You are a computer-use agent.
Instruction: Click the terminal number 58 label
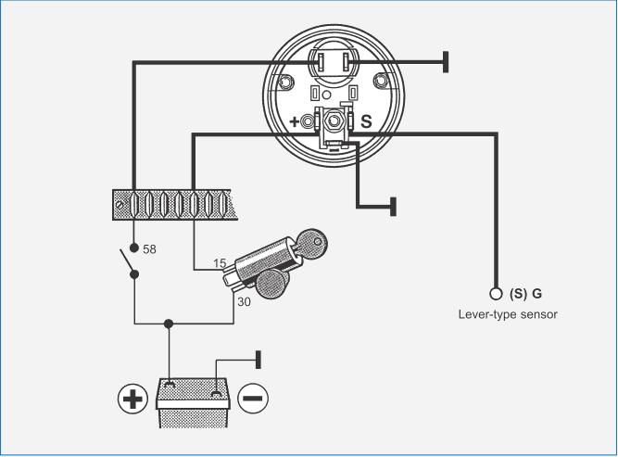(x=149, y=249)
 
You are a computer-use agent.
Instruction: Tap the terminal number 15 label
(x=220, y=264)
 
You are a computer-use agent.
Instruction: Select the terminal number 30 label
(x=244, y=301)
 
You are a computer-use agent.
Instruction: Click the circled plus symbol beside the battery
(x=133, y=399)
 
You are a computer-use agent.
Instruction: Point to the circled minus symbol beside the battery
(x=253, y=399)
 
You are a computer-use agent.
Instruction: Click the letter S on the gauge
(x=365, y=121)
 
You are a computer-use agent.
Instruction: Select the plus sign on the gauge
(x=296, y=121)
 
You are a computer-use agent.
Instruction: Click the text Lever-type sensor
(x=508, y=314)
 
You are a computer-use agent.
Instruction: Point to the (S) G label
(x=526, y=294)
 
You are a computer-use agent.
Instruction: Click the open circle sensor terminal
(x=496, y=294)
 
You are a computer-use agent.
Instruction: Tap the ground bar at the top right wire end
(x=447, y=62)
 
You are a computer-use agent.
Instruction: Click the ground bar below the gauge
(x=394, y=206)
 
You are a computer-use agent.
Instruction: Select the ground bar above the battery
(x=259, y=359)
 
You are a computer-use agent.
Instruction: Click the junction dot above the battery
(x=168, y=324)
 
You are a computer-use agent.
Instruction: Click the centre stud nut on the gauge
(x=333, y=121)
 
